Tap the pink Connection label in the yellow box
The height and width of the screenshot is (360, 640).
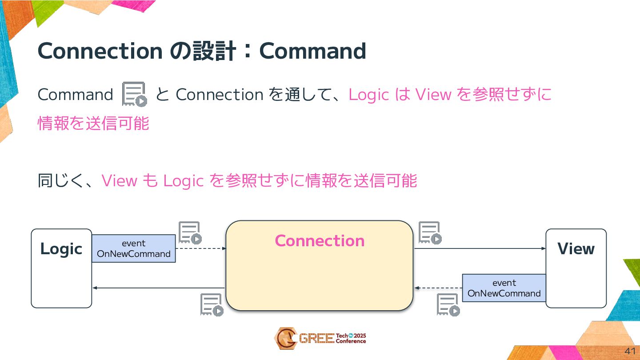click(x=320, y=241)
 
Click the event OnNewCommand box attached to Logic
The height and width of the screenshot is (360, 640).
click(x=134, y=248)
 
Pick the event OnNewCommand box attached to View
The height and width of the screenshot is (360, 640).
click(x=504, y=288)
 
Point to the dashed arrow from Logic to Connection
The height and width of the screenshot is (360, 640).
click(x=201, y=248)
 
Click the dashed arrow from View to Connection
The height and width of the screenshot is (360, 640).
click(x=438, y=288)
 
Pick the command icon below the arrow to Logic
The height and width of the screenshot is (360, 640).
click(x=212, y=305)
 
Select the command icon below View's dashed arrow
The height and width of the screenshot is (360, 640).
click(x=448, y=305)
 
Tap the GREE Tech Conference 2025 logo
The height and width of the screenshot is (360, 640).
click(x=320, y=339)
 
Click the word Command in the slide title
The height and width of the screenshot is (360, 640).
click(x=312, y=51)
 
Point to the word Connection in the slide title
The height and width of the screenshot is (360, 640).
click(x=100, y=51)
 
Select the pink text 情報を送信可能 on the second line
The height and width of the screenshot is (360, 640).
click(x=93, y=124)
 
